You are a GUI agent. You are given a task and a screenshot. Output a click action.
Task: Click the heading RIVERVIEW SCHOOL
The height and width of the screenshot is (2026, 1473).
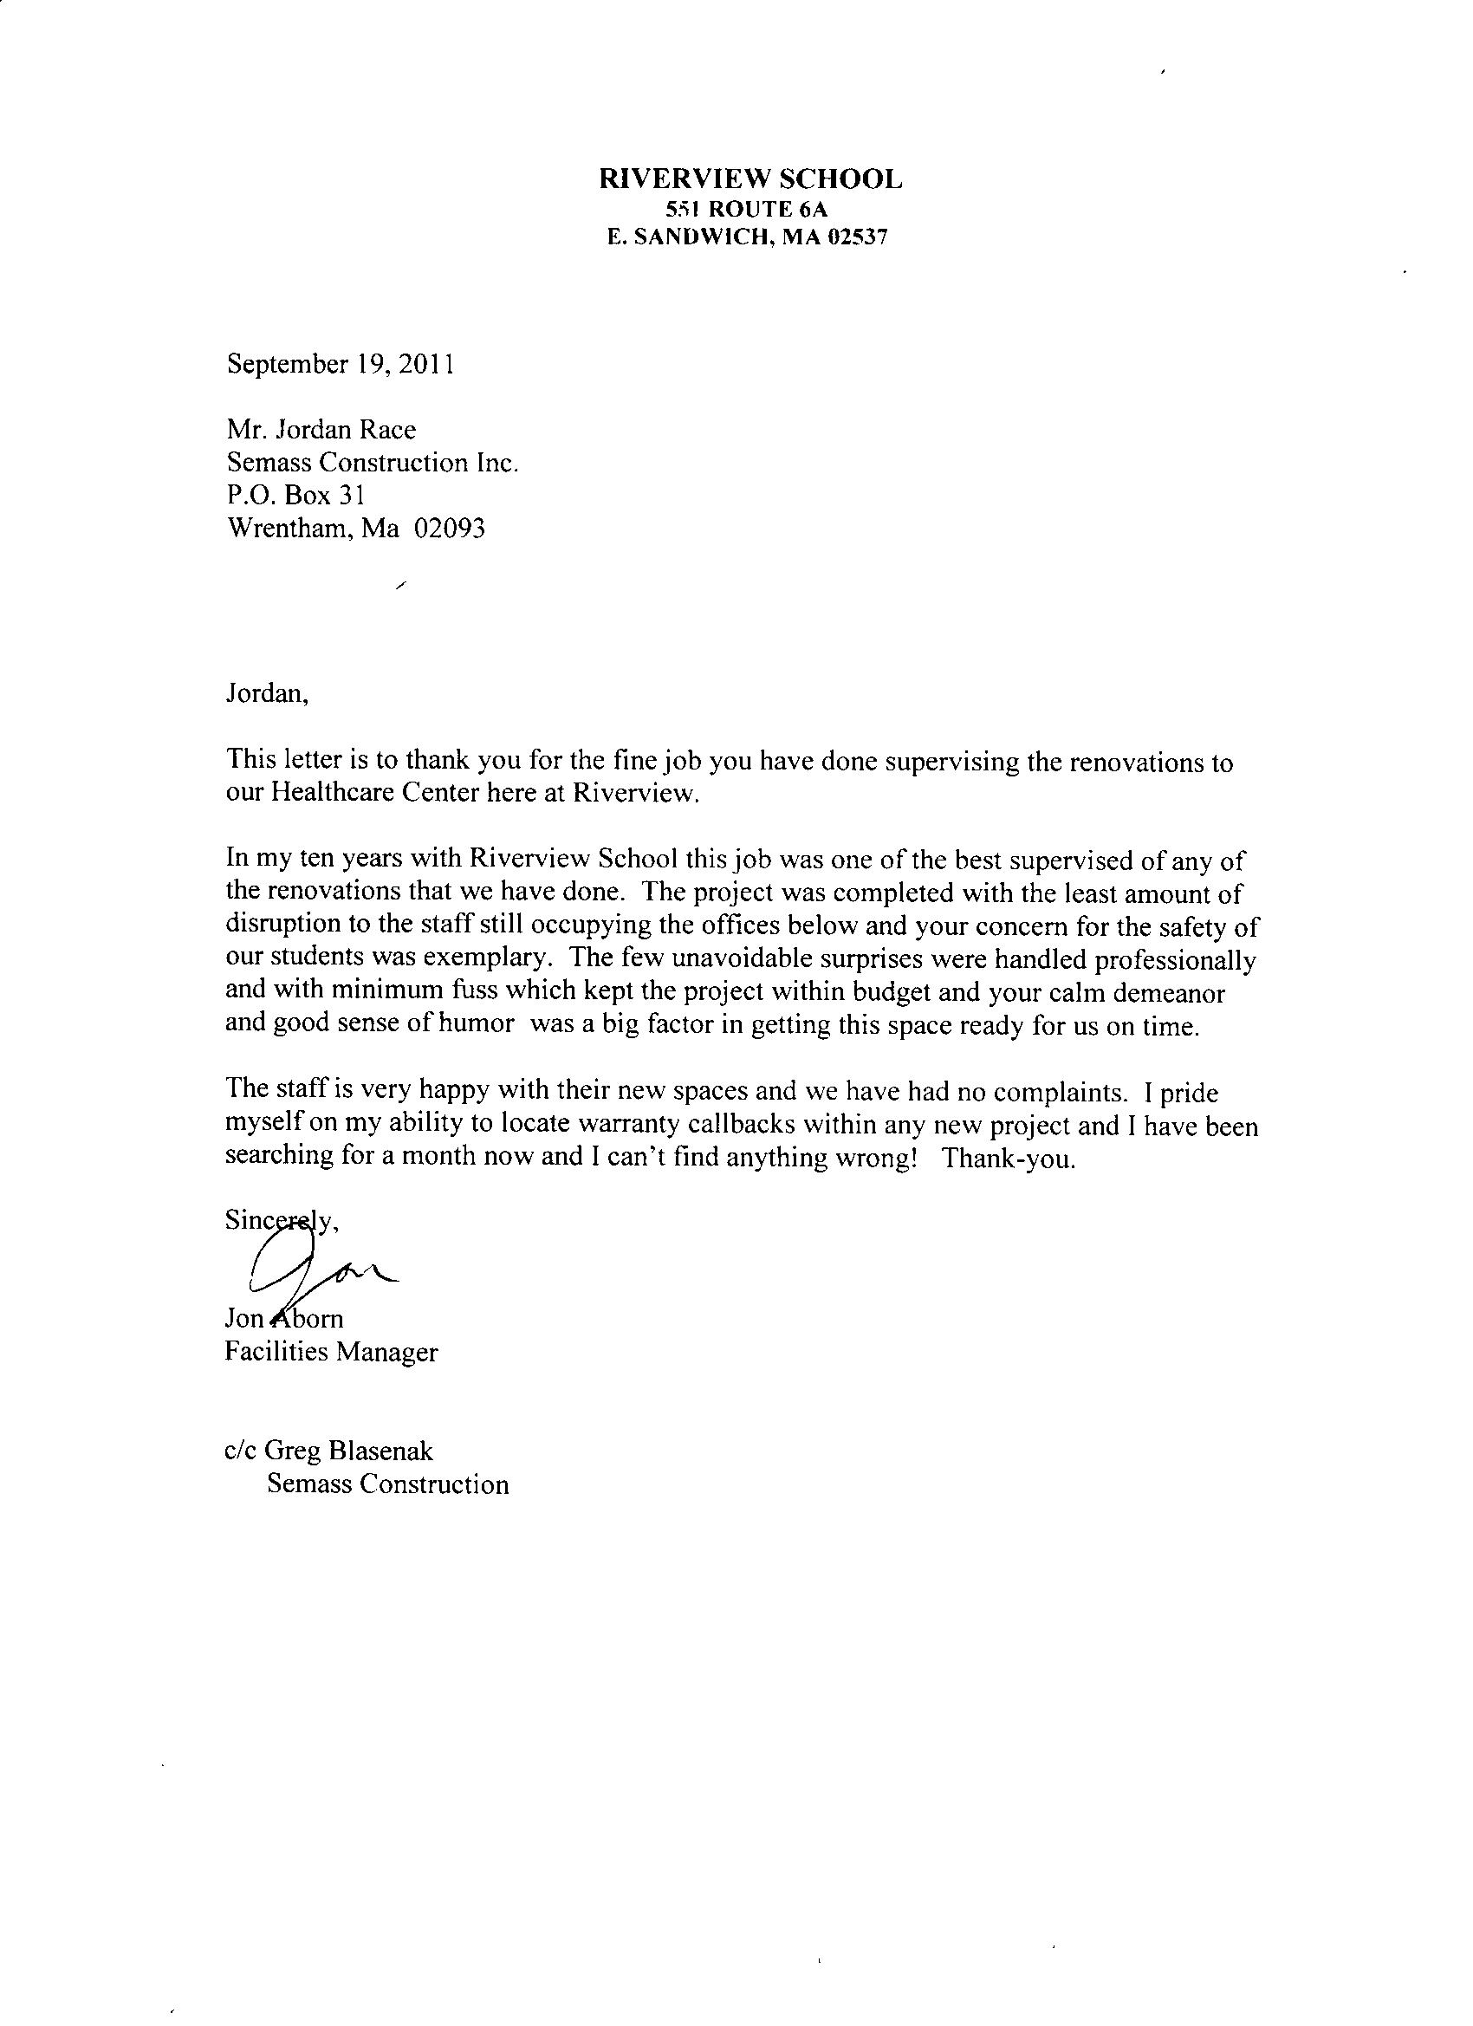pos(749,179)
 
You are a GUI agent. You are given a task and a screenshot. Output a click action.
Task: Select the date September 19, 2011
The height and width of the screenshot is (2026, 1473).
pos(340,365)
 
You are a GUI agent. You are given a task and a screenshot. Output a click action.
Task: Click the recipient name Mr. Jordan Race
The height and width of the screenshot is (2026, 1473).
pos(321,430)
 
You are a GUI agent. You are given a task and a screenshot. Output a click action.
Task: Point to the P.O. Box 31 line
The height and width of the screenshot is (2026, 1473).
pos(295,495)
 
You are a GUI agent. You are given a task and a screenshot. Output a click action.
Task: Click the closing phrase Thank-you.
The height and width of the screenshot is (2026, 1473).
pos(1009,1159)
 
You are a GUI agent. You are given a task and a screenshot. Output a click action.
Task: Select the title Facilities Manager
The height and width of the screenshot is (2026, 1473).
pos(331,1353)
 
